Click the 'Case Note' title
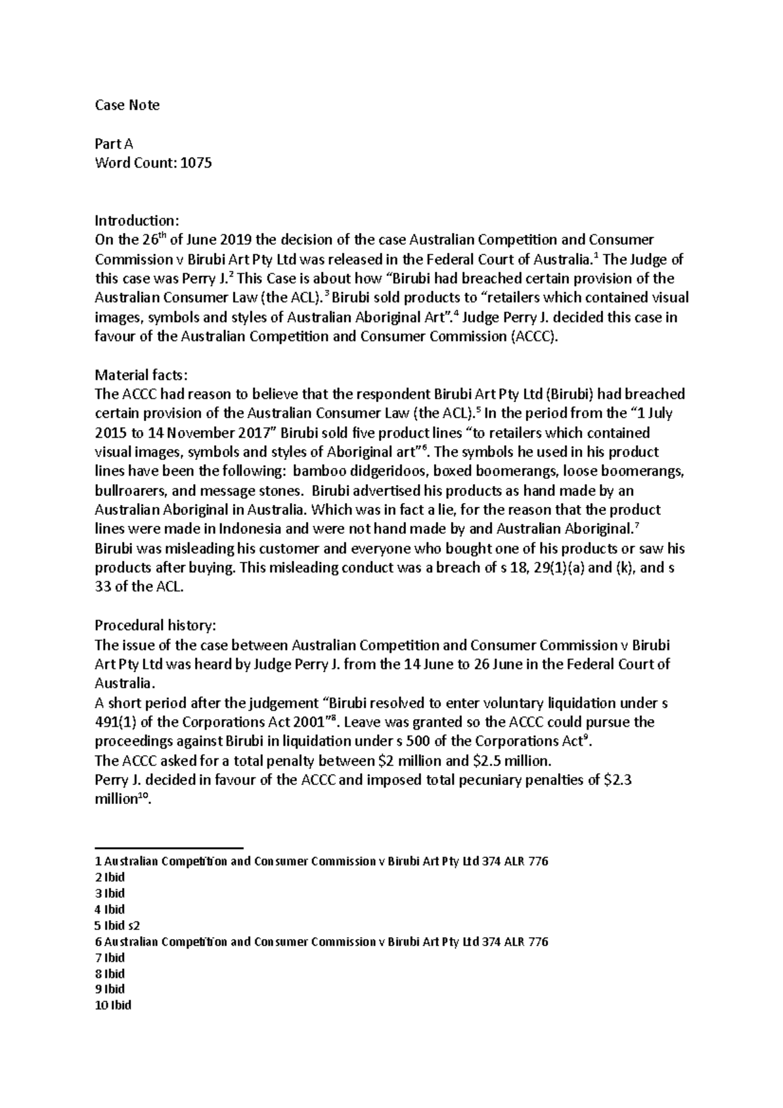[x=127, y=106]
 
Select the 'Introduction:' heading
[x=136, y=221]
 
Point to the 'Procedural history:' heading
[x=155, y=625]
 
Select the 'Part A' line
[x=114, y=144]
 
